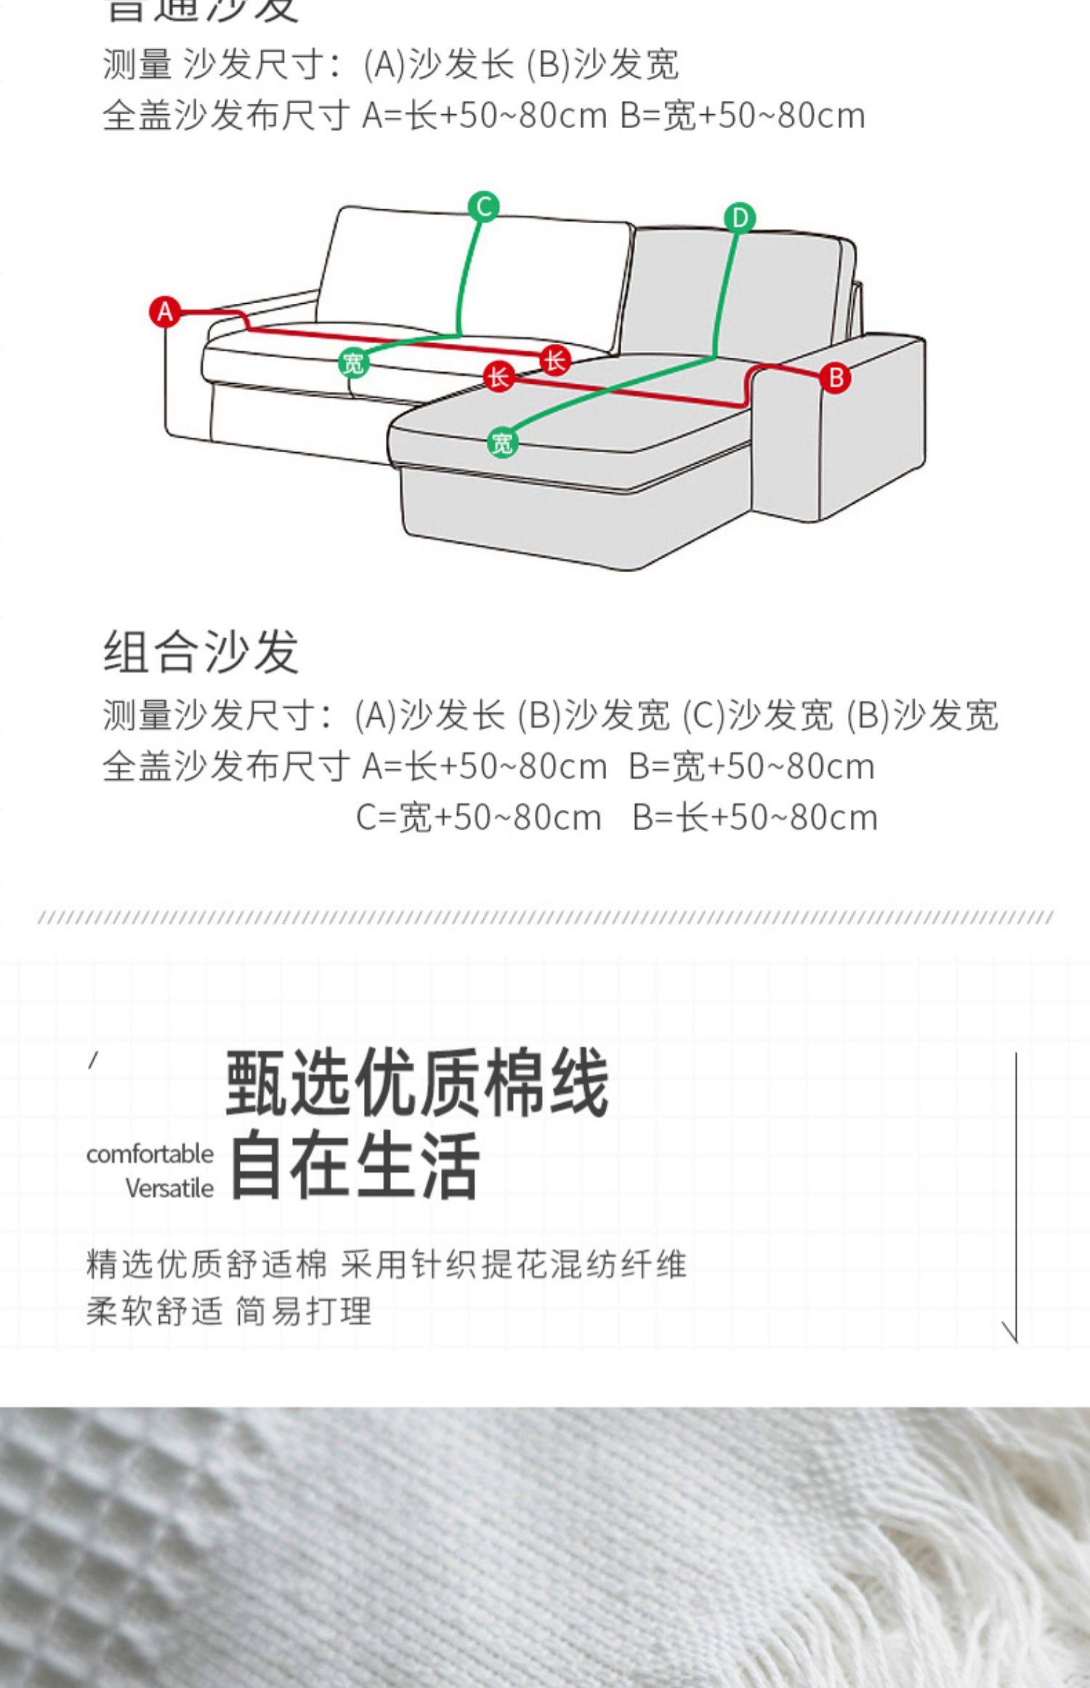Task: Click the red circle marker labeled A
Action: pos(165,312)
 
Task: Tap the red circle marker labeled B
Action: pos(835,378)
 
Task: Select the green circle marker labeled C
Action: pos(484,206)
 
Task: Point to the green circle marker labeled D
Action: pos(740,217)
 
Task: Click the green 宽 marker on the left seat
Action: pos(353,362)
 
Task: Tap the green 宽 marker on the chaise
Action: pos(502,443)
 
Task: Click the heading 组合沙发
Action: pos(201,651)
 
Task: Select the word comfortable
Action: pos(150,1154)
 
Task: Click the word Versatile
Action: pos(169,1189)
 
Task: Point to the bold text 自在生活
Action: pos(355,1165)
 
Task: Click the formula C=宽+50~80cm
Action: pos(479,818)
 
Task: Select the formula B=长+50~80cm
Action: pos(755,818)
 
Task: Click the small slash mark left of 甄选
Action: pos(92,1061)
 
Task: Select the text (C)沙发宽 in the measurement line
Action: pos(757,715)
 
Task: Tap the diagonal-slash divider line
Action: pos(545,917)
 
